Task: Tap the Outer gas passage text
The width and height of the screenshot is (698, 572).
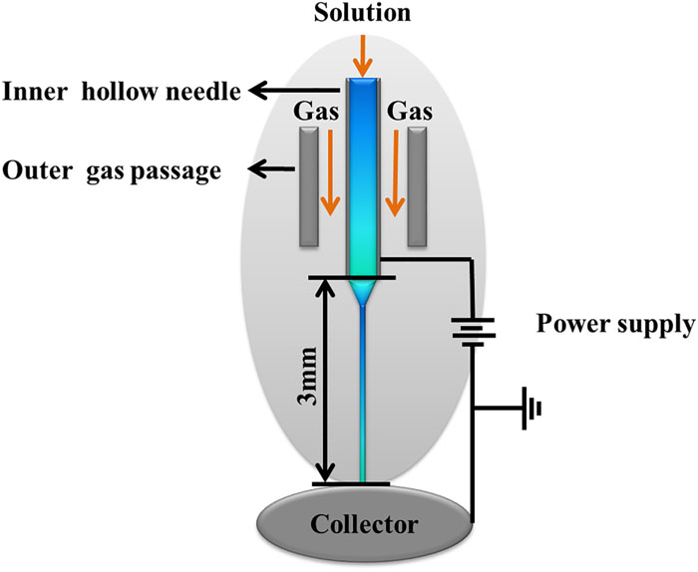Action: click(111, 170)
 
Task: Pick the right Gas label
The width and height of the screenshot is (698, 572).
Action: click(410, 113)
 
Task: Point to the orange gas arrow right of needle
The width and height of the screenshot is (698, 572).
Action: click(394, 184)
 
